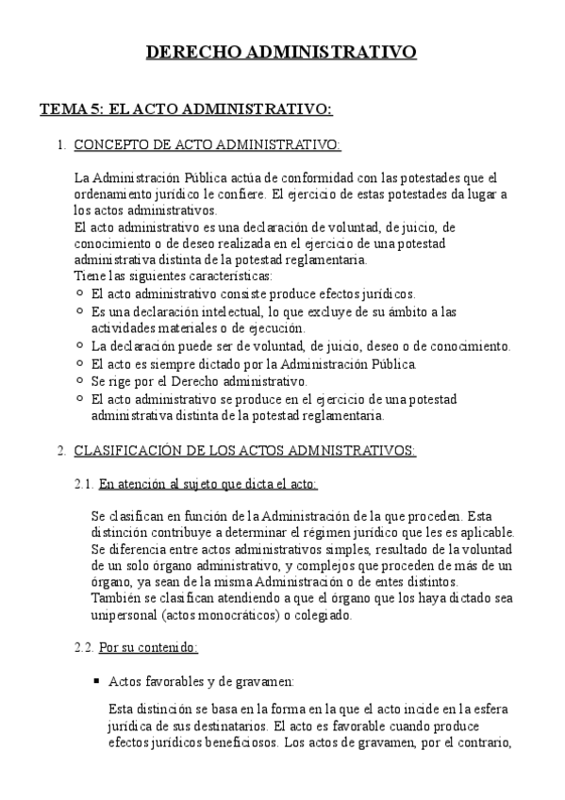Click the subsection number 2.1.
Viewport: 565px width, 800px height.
point(84,484)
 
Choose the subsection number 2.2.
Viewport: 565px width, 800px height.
point(84,648)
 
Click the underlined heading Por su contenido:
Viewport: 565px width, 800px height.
point(148,648)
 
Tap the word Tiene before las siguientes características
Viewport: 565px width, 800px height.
point(90,275)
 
